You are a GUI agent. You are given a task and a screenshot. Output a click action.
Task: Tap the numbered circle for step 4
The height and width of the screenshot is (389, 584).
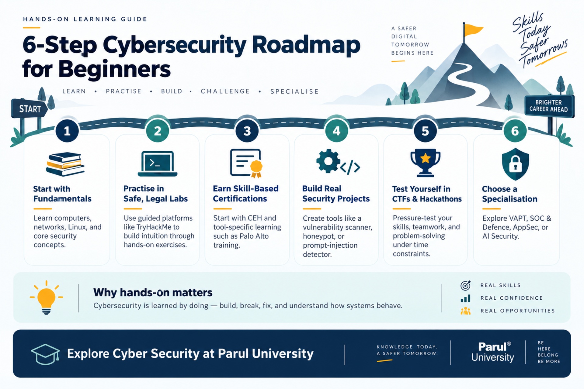pos(336,131)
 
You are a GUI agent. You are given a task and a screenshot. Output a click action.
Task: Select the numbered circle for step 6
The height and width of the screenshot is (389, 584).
pos(515,131)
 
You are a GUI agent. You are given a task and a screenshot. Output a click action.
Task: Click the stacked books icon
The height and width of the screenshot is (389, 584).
pos(65,164)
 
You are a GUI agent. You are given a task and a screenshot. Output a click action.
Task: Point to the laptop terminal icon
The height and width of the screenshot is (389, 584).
pos(158,164)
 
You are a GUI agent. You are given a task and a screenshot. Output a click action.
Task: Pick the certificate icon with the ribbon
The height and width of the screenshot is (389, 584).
pos(246,163)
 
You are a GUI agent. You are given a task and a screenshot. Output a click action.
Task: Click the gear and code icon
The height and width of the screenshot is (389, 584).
pos(338,162)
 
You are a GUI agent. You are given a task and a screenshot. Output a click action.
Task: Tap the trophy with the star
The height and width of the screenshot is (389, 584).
pos(425,163)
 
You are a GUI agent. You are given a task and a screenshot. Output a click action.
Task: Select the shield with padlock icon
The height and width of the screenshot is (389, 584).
pos(515,164)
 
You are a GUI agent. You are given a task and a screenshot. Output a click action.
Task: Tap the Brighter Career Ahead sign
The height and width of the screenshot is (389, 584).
pos(549,106)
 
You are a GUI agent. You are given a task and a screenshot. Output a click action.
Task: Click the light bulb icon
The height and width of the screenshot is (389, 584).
pos(46,298)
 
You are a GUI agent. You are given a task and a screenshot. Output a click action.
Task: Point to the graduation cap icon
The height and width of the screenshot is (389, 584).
pos(45,354)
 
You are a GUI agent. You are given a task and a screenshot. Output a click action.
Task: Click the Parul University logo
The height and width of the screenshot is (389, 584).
pos(493,352)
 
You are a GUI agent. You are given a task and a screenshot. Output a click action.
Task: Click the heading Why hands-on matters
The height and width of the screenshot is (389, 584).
pos(153,292)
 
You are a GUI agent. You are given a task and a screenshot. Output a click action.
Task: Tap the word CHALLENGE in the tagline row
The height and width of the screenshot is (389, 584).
pos(225,91)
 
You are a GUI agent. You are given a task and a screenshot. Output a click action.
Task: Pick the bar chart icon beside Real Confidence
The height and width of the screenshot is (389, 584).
pos(465,298)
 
